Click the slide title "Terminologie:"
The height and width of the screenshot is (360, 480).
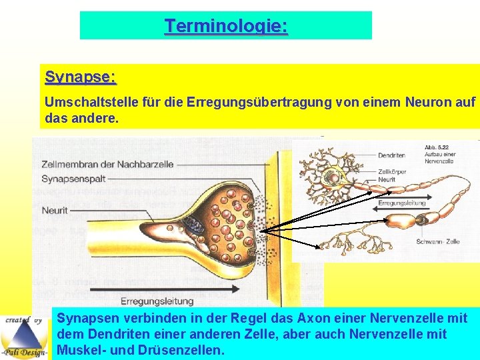226,26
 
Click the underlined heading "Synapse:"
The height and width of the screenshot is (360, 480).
80,77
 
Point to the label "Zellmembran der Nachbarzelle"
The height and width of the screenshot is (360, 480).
107,164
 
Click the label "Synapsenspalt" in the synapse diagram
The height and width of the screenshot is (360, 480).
73,179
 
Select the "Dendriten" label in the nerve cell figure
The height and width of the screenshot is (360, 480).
391,155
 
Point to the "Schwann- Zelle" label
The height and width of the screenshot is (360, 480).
437,241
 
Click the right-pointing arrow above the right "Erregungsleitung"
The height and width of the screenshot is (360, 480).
406,195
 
